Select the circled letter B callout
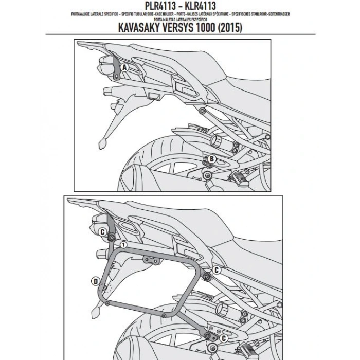[211, 160]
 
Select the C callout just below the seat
[217, 269]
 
